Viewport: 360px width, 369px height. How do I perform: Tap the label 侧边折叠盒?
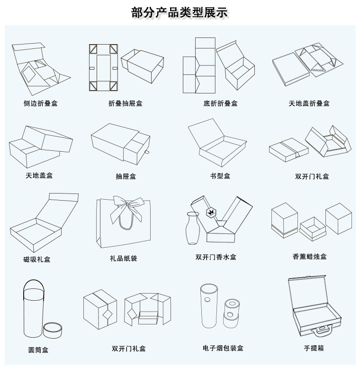(40, 103)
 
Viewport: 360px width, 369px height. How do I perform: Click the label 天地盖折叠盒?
(309, 103)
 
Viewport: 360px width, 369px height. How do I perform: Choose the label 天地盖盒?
(39, 175)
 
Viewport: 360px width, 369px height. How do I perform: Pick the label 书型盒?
(220, 176)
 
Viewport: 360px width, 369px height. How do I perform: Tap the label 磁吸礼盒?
(36, 259)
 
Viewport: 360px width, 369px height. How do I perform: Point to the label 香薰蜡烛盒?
(309, 257)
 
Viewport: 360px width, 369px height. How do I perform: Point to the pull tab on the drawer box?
(147, 153)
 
